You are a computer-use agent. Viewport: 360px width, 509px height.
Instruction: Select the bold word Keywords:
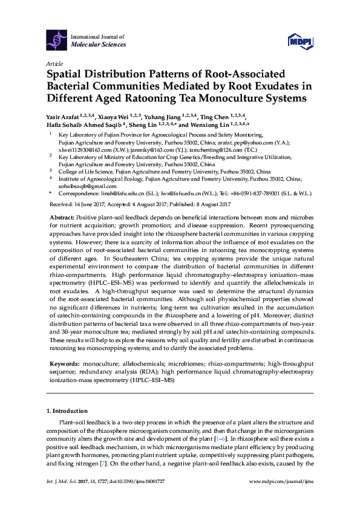64,365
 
